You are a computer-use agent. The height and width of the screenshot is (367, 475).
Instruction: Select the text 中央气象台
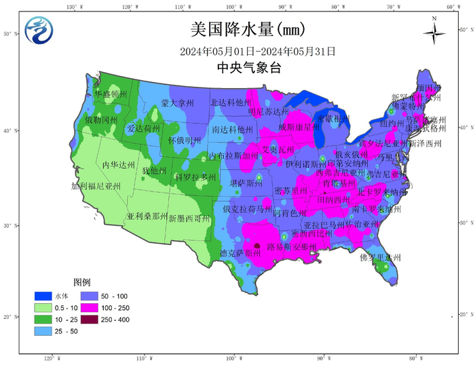point(248,68)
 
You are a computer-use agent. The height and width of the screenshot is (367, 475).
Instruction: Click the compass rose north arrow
point(434,33)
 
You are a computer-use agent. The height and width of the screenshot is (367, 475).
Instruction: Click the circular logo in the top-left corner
point(38,31)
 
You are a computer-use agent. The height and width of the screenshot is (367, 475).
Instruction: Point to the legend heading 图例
point(82,282)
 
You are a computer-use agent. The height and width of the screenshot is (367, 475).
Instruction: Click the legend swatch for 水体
point(44,296)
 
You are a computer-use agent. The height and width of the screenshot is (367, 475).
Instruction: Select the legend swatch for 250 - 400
point(90,319)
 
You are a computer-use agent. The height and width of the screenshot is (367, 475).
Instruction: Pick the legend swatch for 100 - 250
point(90,307)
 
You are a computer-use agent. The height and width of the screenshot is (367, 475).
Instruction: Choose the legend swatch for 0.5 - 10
point(44,307)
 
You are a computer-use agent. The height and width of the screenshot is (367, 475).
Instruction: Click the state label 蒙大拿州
point(177,103)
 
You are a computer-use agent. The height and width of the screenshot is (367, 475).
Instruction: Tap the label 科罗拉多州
point(195,177)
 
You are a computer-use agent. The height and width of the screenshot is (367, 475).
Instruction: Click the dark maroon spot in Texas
point(257,247)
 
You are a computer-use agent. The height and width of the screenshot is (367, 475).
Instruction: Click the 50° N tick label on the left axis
point(7,33)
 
